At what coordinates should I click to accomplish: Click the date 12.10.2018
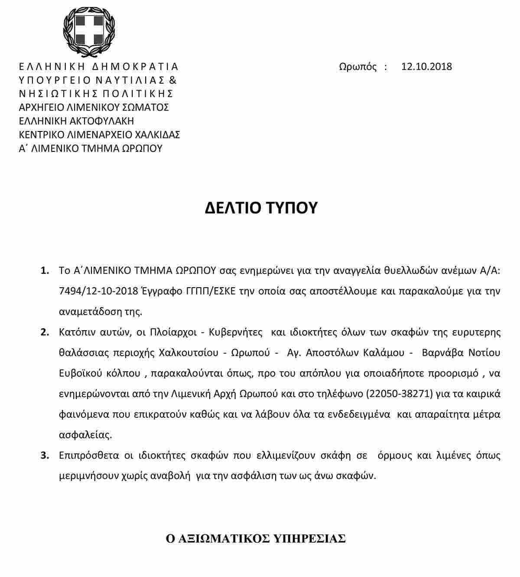click(426, 67)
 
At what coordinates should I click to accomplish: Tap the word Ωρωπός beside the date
click(357, 67)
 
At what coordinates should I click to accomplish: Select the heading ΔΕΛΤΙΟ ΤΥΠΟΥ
click(261, 208)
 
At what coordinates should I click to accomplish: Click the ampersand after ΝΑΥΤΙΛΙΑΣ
click(172, 80)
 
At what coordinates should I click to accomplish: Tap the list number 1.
click(45, 271)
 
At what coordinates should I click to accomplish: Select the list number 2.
click(45, 333)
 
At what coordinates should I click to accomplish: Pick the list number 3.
click(45, 456)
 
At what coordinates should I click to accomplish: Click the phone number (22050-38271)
click(400, 394)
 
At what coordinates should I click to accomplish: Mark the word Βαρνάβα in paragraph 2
click(442, 353)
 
